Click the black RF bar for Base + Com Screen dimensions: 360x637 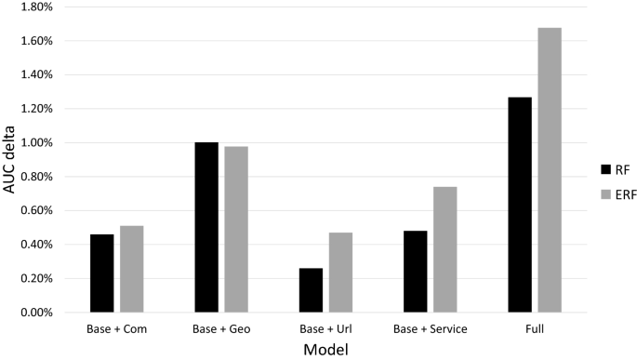101,273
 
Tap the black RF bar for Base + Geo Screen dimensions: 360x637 206,227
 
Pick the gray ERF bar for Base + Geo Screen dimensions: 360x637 235,229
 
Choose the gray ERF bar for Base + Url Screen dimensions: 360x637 340,273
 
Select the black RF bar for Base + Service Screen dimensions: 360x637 415,272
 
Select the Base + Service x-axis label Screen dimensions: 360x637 430,328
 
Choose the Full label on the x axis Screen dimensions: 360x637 535,328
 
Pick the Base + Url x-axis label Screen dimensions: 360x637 325,328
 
